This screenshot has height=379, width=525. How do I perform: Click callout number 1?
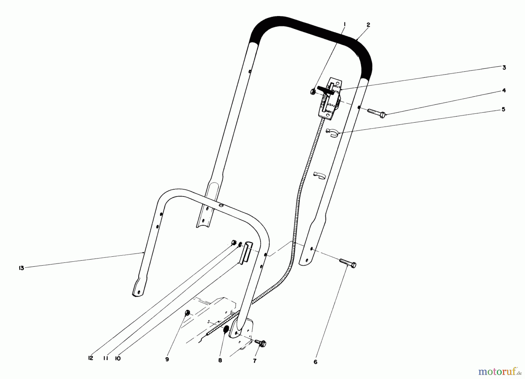pyautogui.click(x=344, y=24)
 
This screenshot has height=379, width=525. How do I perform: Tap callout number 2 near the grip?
pyautogui.click(x=368, y=25)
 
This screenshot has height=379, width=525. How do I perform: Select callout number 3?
pyautogui.click(x=504, y=67)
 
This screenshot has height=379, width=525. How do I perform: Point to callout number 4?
pyautogui.click(x=504, y=91)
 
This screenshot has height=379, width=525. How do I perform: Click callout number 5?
pyautogui.click(x=503, y=109)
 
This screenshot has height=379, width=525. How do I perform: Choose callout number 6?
pyautogui.click(x=315, y=362)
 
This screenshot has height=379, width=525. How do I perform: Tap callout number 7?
pyautogui.click(x=255, y=361)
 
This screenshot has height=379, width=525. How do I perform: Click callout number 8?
pyautogui.click(x=220, y=361)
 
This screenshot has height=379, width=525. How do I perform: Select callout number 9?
pyautogui.click(x=167, y=360)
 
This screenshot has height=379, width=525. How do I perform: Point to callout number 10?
pyautogui.click(x=118, y=358)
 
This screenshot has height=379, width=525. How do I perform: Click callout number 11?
pyautogui.click(x=106, y=358)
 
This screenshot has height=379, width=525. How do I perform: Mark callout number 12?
pyautogui.click(x=90, y=358)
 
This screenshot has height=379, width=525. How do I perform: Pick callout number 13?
pyautogui.click(x=21, y=268)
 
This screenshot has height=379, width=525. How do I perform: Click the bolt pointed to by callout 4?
pyautogui.click(x=377, y=113)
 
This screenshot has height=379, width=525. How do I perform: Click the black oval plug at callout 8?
pyautogui.click(x=225, y=331)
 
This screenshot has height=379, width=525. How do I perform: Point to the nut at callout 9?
pyautogui.click(x=188, y=313)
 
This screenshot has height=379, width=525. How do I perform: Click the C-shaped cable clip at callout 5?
pyautogui.click(x=332, y=132)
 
